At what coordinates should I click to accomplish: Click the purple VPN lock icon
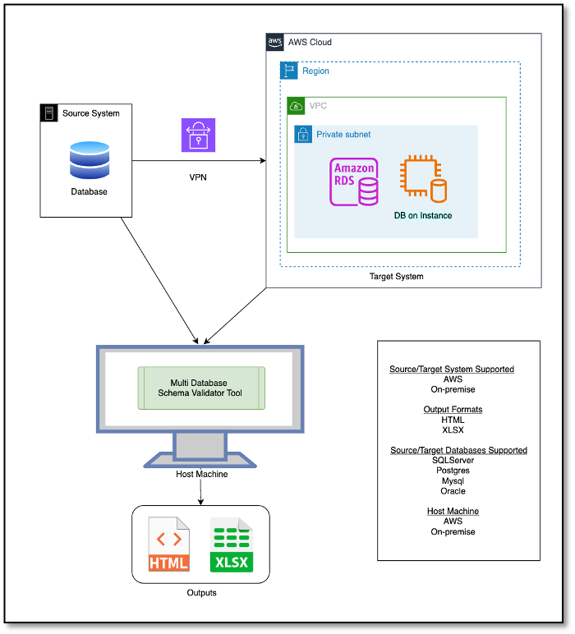coord(198,135)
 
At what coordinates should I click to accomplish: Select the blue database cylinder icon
coord(90,160)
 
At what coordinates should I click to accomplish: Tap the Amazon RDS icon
coord(354,181)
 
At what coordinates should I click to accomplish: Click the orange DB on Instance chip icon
coord(423,178)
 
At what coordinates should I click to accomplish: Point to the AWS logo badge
coord(275,42)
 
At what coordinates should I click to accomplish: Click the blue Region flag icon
coord(288,71)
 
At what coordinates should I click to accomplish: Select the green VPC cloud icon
coord(296,106)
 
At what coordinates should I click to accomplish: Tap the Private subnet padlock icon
coord(303,134)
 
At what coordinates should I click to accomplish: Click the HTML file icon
coord(169,544)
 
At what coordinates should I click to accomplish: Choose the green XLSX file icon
coord(232,544)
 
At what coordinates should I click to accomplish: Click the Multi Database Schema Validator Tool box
coord(201,388)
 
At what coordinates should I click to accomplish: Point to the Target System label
coord(396,277)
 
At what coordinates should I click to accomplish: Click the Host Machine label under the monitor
coord(202,474)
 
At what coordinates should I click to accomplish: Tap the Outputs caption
coord(202,593)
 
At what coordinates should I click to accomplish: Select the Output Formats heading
coord(453,409)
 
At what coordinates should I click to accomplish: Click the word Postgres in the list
coord(453,471)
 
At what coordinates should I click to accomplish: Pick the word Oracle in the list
coord(453,491)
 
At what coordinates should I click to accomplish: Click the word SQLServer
coord(453,460)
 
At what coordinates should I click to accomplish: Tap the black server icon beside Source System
coord(49,113)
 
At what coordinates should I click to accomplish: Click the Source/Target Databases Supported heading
coord(458,450)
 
